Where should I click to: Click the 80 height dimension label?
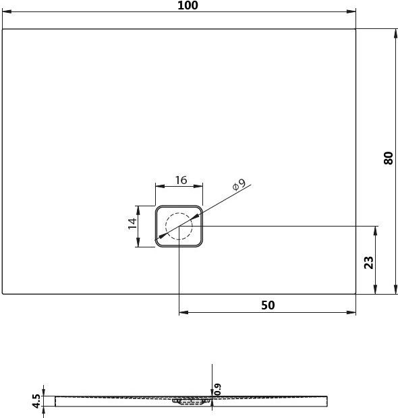coord(388,158)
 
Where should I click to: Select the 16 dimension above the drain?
coord(180,180)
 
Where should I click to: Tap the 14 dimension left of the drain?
coord(133,223)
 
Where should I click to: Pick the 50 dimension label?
coord(268,305)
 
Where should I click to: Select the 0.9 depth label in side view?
coord(218,389)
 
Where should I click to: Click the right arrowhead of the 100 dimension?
coord(352,12)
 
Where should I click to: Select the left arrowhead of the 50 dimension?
coord(182,313)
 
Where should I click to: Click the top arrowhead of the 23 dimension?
coord(376,229)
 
